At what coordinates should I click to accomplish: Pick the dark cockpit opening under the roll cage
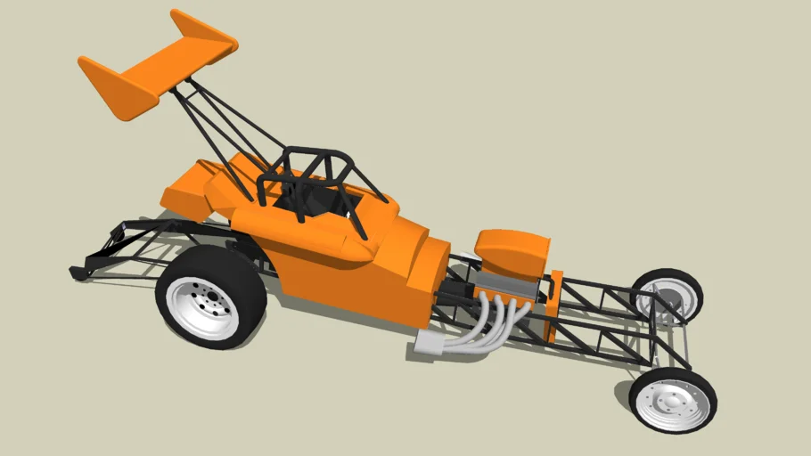[312, 200]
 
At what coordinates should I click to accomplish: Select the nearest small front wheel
[672, 400]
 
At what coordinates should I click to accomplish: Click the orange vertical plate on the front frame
[553, 307]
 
